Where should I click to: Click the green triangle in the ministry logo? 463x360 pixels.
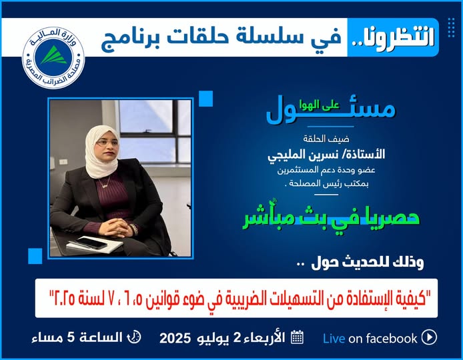(54, 55)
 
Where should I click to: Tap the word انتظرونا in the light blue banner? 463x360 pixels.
(394, 37)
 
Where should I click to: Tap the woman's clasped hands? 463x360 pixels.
(117, 227)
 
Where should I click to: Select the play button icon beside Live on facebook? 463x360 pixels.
(429, 337)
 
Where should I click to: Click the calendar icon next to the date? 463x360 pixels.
(297, 337)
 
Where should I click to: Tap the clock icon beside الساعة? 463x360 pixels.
(133, 337)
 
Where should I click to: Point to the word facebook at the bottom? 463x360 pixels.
(383, 338)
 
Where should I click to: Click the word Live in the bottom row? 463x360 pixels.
(334, 339)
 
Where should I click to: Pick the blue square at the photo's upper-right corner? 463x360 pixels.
(205, 99)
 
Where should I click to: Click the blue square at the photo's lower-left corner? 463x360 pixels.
(35, 256)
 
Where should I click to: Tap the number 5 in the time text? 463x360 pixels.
(71, 337)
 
